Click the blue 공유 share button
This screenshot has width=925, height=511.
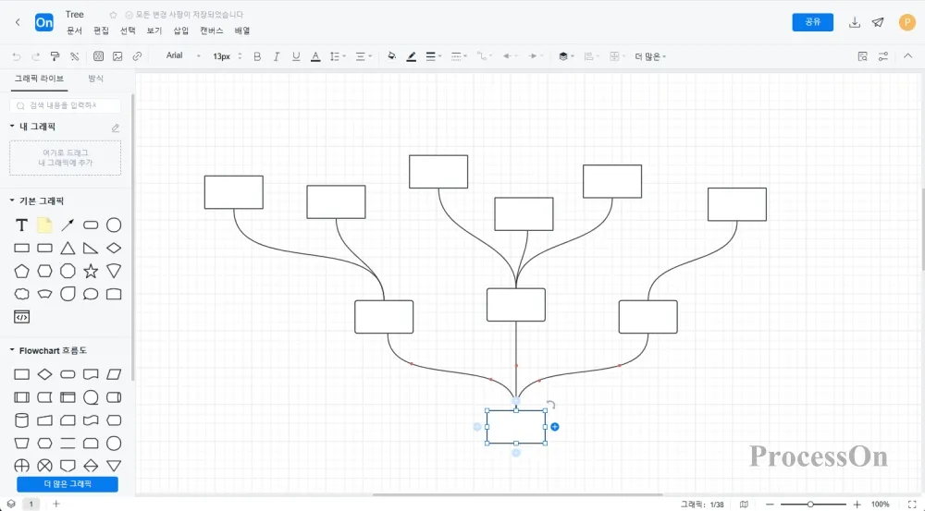coord(812,22)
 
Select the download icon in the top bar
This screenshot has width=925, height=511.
coord(855,22)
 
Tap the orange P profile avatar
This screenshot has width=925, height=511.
coord(906,22)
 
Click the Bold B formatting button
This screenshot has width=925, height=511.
coord(257,56)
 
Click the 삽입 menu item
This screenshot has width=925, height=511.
coord(180,30)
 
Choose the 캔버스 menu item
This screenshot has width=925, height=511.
coord(212,30)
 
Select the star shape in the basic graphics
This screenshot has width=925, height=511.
coord(91,271)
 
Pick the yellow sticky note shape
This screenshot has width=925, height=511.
coord(44,225)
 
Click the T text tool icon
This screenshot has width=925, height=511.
coord(22,225)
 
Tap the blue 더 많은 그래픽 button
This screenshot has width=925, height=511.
coord(68,483)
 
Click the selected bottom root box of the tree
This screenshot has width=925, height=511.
coord(515,426)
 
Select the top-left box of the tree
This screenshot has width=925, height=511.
coord(233,192)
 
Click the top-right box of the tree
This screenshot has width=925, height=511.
coord(736,204)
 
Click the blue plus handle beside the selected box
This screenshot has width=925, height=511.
coord(555,427)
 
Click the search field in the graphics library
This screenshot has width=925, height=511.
coord(67,106)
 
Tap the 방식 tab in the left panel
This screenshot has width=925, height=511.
coord(96,79)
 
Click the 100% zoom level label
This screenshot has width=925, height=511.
coord(880,505)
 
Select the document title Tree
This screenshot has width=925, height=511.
coord(75,15)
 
